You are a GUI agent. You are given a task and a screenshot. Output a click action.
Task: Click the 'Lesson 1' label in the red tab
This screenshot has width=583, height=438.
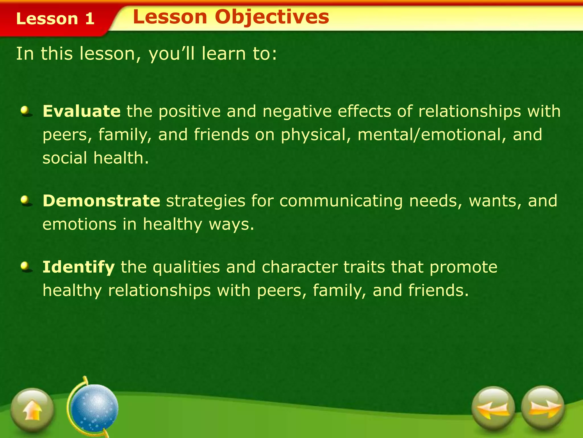coord(55,19)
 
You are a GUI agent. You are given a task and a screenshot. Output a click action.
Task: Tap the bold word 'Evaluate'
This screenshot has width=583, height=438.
coord(81,111)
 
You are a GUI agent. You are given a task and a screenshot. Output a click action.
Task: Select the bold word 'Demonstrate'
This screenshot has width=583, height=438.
coord(101,200)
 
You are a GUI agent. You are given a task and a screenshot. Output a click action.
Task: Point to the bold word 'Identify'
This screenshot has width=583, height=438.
coord(79,267)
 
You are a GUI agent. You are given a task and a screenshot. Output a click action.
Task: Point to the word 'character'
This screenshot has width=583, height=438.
coord(299,267)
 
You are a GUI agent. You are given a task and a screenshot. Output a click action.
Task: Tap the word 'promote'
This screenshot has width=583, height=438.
coord(463,267)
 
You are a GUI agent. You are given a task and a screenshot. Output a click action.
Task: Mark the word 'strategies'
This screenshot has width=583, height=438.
coord(206,200)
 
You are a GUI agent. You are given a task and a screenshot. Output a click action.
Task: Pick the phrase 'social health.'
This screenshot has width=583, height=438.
coord(96,158)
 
